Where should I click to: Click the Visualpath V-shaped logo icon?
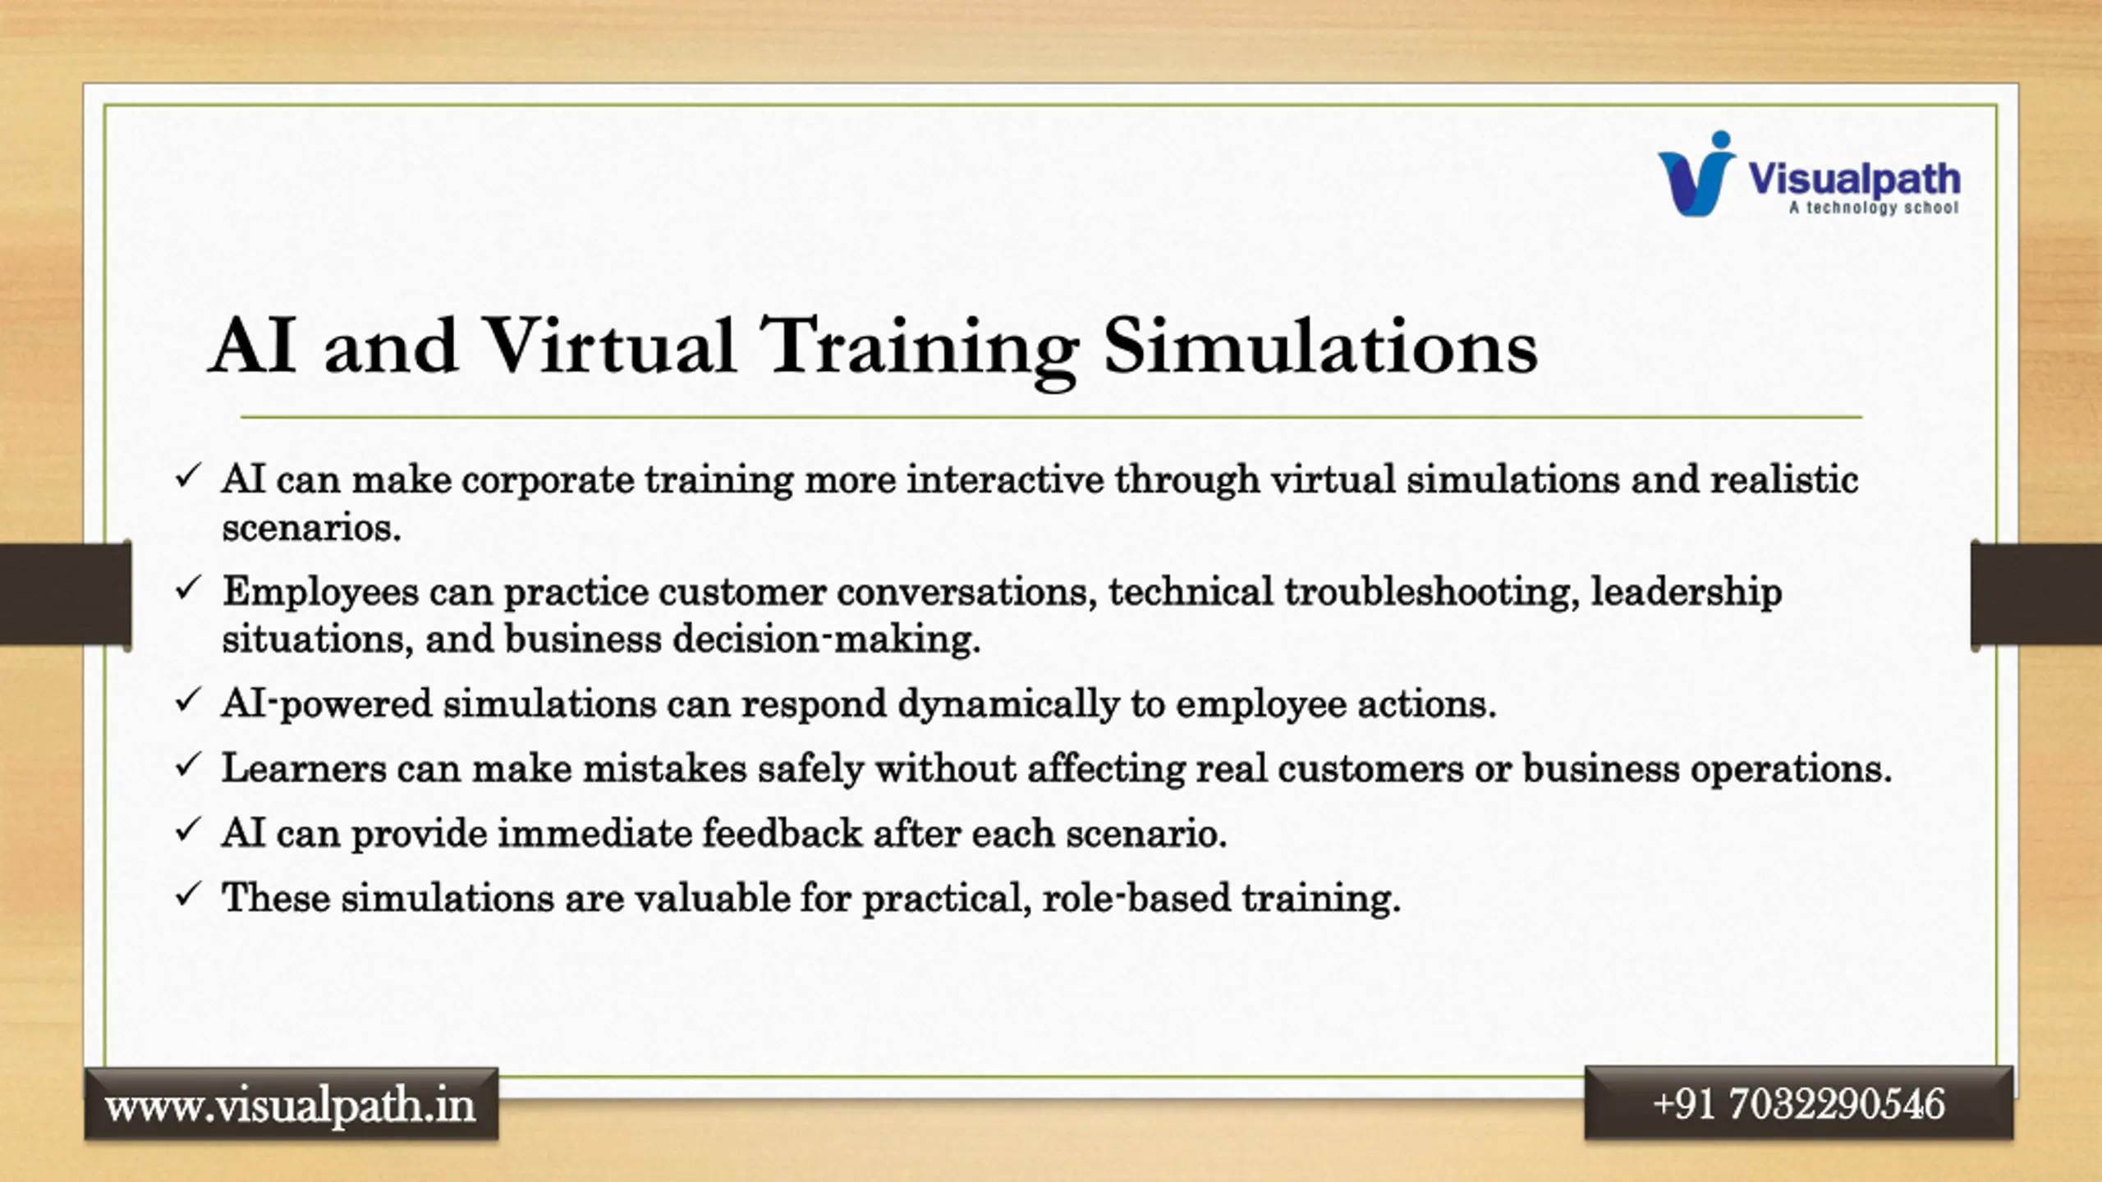pyautogui.click(x=1696, y=174)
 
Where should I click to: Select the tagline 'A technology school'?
pyautogui.click(x=1874, y=208)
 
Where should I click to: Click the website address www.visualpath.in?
pyautogui.click(x=291, y=1105)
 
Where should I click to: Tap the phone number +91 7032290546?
pyautogui.click(x=1798, y=1103)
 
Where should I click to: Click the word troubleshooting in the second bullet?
pyautogui.click(x=1432, y=593)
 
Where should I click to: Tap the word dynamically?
pyautogui.click(x=1008, y=704)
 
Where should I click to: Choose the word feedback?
pyautogui.click(x=782, y=833)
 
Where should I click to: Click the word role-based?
pyautogui.click(x=1136, y=897)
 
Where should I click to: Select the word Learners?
pyautogui.click(x=304, y=768)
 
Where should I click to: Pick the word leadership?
pyautogui.click(x=1687, y=593)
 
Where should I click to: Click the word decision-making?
pyautogui.click(x=827, y=639)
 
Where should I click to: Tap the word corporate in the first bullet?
pyautogui.click(x=548, y=480)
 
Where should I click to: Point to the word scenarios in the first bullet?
pyautogui.click(x=311, y=528)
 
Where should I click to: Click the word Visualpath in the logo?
pyautogui.click(x=1854, y=179)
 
